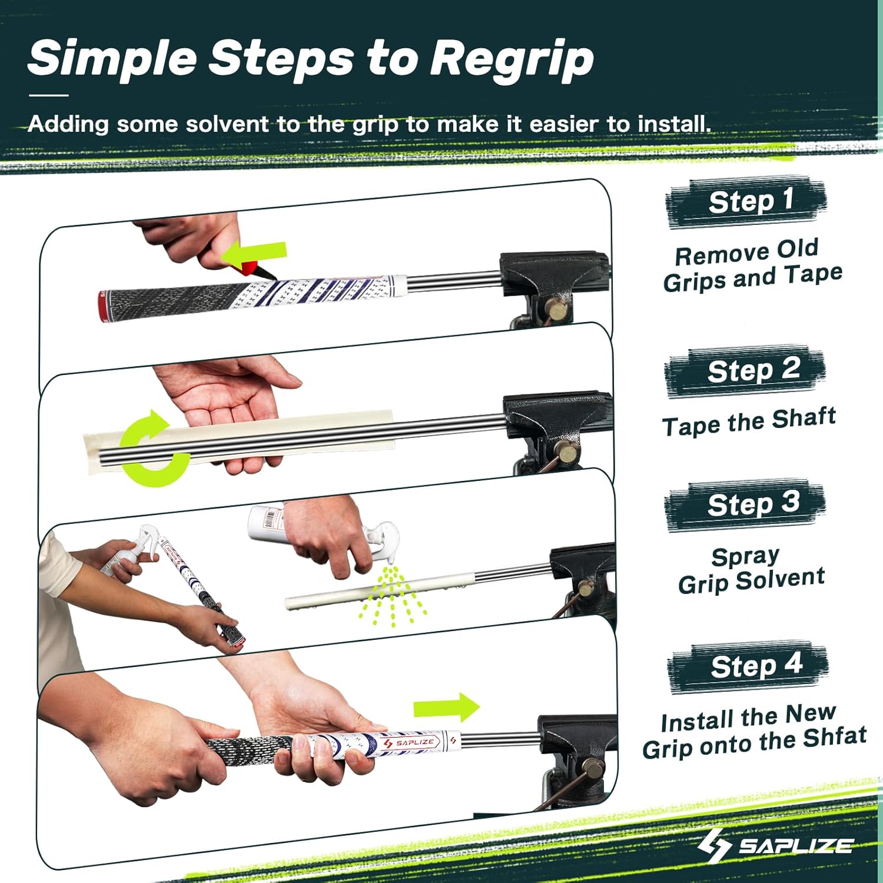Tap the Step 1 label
(x=751, y=201)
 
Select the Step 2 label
(x=753, y=370)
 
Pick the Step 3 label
(x=753, y=504)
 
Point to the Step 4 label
(x=756, y=665)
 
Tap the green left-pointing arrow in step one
(x=254, y=254)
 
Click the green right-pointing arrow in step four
(x=446, y=708)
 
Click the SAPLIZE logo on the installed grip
(x=410, y=743)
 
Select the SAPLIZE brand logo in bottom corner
(x=775, y=845)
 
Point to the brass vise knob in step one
(x=557, y=308)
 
